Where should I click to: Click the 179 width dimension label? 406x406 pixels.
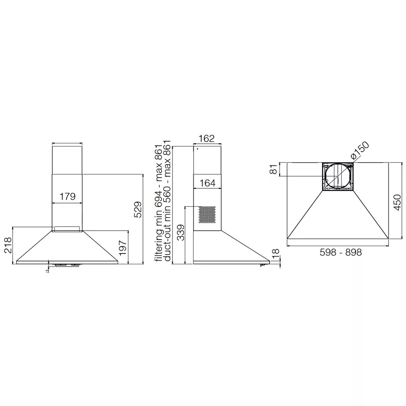coord(67,197)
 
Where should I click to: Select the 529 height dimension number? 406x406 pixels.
coord(138,209)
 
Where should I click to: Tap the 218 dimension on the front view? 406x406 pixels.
coord(8,245)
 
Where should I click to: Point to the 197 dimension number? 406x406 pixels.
coord(123,248)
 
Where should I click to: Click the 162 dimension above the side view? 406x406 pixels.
coord(207,139)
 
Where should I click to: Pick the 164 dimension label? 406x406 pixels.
coord(207,184)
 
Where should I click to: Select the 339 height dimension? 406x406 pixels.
coord(181,233)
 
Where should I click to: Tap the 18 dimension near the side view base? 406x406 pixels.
coord(276,254)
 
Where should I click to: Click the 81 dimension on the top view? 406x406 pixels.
coord(273,169)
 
